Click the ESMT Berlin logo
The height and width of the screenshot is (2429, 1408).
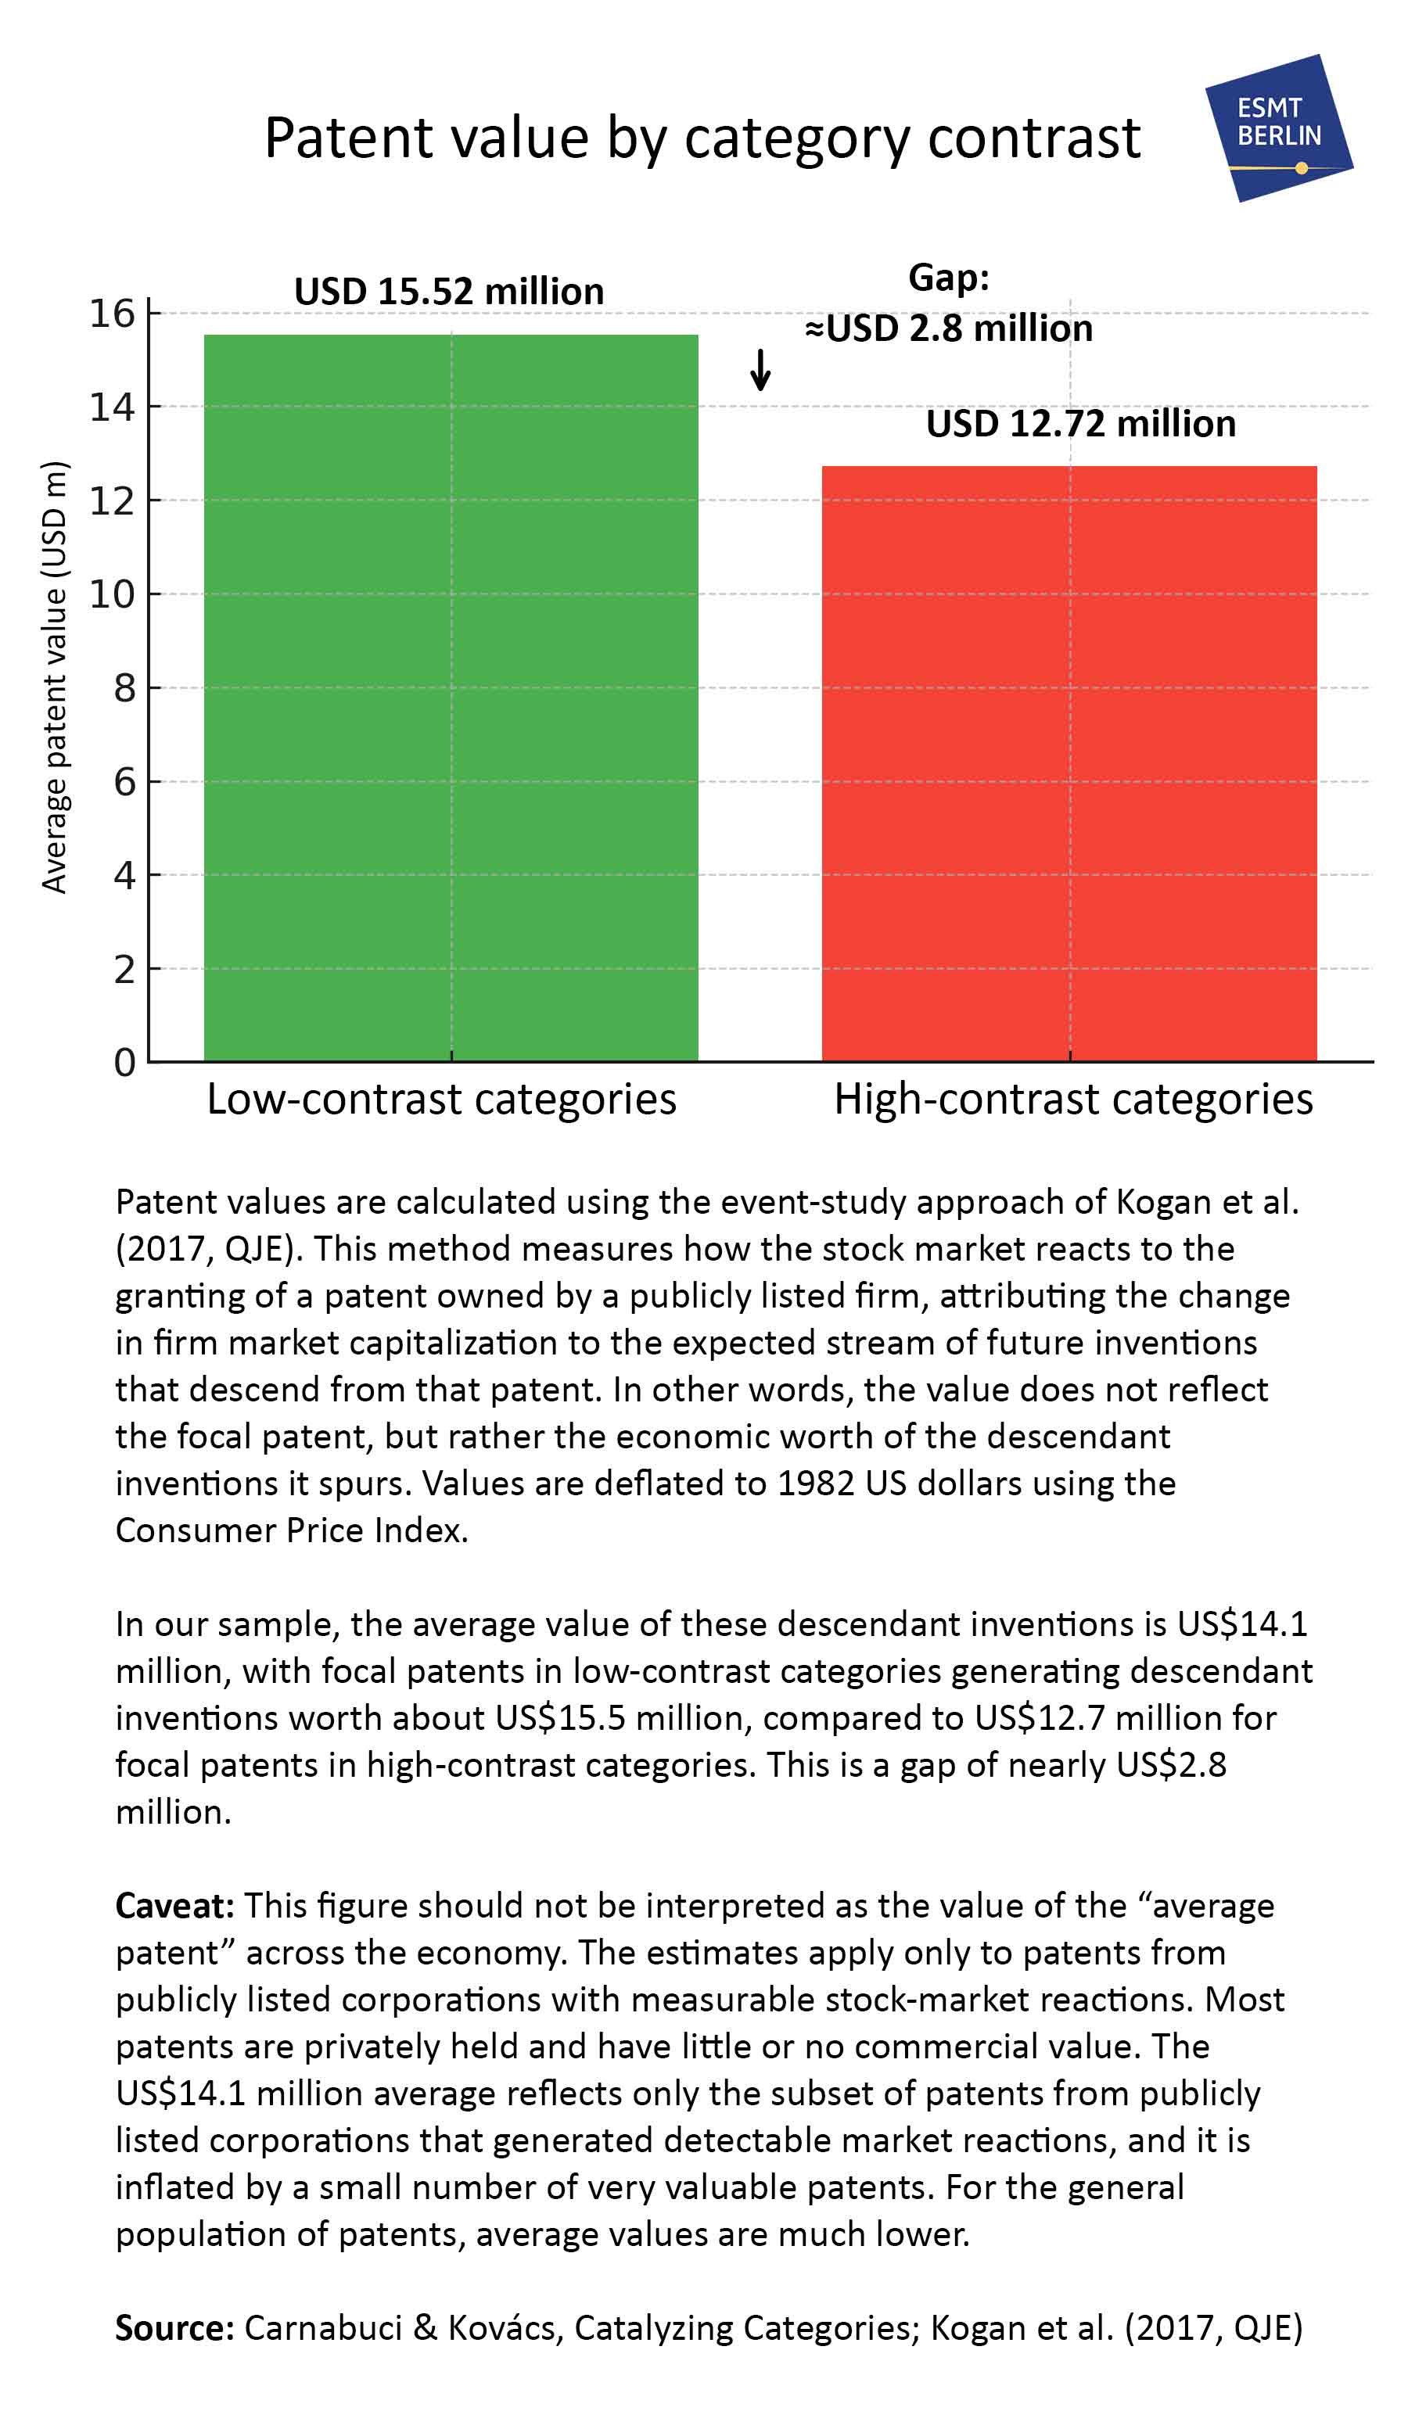click(x=1278, y=127)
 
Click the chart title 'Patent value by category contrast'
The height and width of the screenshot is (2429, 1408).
click(x=702, y=137)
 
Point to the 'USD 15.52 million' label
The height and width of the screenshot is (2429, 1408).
click(x=448, y=291)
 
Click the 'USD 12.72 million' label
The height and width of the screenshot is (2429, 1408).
click(x=1080, y=424)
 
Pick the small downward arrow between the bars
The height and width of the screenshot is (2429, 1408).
click(x=760, y=369)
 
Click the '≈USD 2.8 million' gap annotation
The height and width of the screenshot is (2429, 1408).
click(x=949, y=328)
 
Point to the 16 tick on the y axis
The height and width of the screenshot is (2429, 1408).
click(x=112, y=314)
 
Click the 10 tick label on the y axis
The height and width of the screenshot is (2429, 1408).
click(x=112, y=594)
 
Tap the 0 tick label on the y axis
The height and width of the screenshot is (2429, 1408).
click(x=124, y=1062)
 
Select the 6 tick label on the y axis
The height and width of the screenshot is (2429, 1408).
click(x=124, y=782)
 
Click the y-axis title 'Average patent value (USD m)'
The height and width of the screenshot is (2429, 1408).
click(x=54, y=677)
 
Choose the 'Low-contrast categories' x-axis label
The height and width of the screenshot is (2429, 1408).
click(x=442, y=1099)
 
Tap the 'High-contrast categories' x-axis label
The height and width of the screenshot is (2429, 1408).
click(x=1072, y=1099)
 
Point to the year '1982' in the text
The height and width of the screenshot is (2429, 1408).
click(x=816, y=1484)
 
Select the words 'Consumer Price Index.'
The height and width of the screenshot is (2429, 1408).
click(x=291, y=1530)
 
